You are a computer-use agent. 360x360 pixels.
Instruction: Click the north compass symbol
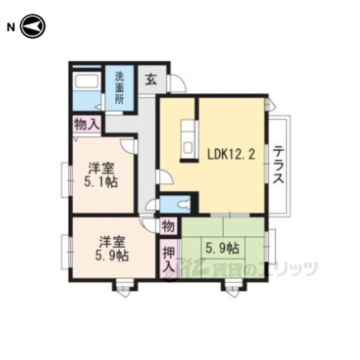(33, 26)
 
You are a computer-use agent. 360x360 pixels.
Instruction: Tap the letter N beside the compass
(11, 28)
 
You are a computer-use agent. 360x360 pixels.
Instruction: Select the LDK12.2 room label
(231, 154)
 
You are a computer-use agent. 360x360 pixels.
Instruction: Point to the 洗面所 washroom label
(119, 88)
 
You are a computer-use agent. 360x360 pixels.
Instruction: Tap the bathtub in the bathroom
(86, 80)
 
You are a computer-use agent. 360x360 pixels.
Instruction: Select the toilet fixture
(185, 204)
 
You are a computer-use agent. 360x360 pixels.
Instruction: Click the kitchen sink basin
(188, 148)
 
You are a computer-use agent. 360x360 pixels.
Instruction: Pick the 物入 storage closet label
(87, 125)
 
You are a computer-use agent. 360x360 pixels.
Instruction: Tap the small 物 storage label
(168, 227)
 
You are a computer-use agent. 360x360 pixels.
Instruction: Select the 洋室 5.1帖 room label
(101, 175)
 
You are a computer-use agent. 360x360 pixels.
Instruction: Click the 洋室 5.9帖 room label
(112, 249)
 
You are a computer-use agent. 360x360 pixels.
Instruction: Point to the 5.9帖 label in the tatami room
(222, 248)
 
